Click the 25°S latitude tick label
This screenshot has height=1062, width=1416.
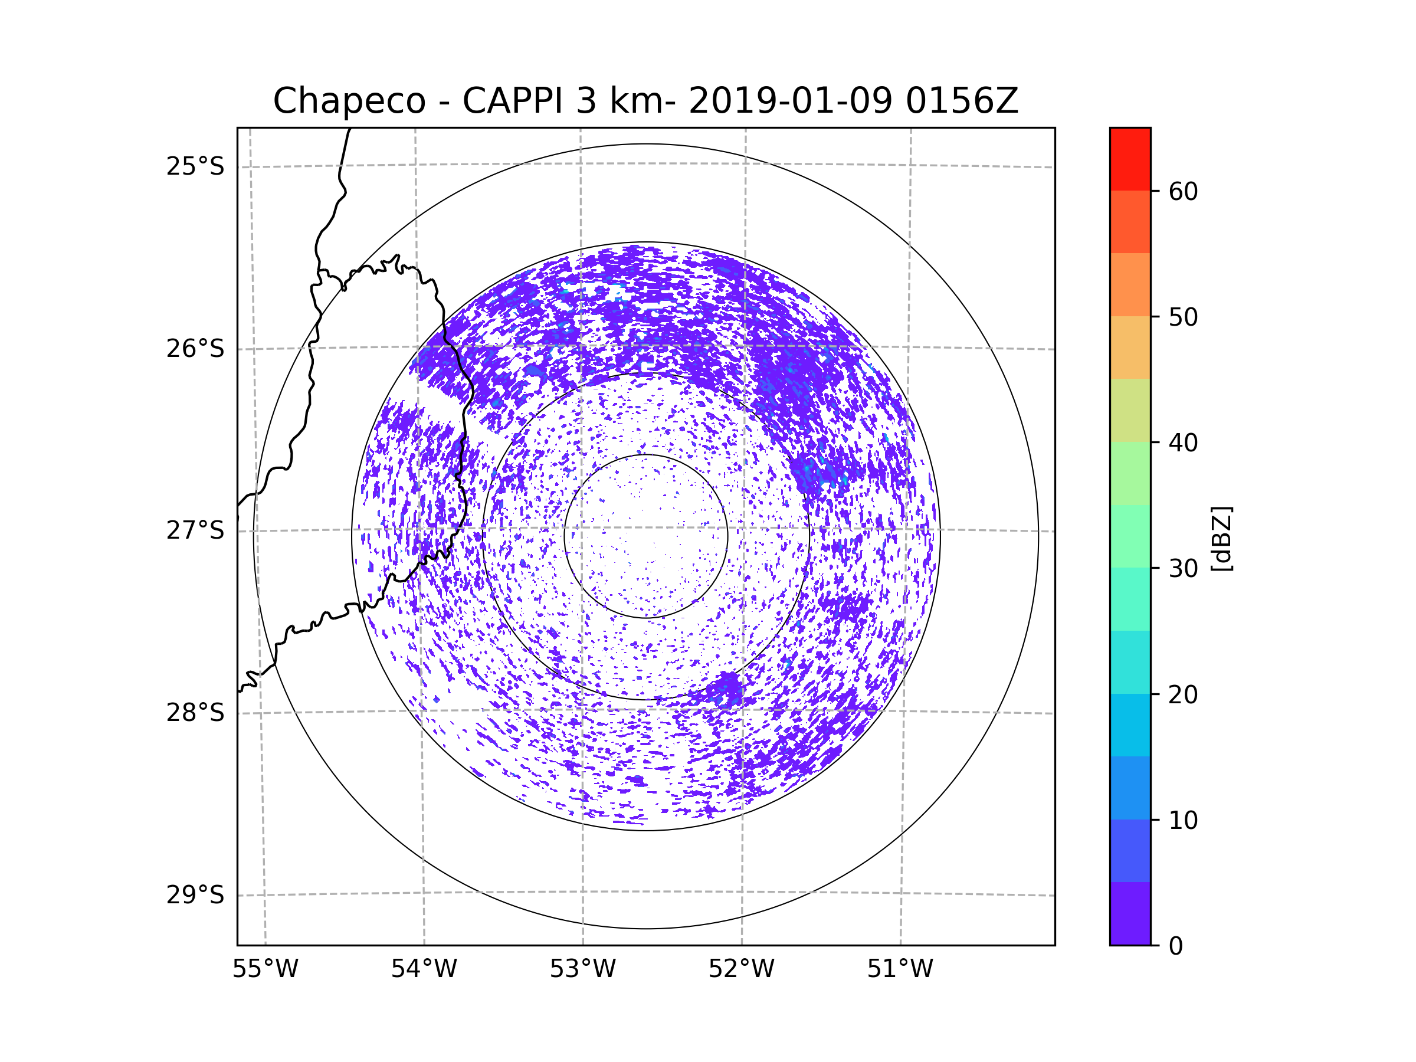pyautogui.click(x=195, y=166)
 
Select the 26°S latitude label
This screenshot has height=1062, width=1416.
pyautogui.click(x=195, y=349)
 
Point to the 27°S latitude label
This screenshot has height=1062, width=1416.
pyautogui.click(x=195, y=530)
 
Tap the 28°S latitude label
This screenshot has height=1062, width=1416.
pyautogui.click(x=195, y=713)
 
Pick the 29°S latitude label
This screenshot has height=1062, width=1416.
pyautogui.click(x=195, y=895)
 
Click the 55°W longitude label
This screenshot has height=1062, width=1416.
pyautogui.click(x=265, y=969)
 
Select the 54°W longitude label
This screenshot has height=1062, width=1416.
pyautogui.click(x=424, y=969)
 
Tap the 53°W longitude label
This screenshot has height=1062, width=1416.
pyautogui.click(x=582, y=969)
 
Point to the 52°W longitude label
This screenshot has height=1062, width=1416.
pyautogui.click(x=741, y=969)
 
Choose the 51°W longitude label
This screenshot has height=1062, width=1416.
pyautogui.click(x=900, y=969)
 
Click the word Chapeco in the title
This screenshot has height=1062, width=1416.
pyautogui.click(x=349, y=101)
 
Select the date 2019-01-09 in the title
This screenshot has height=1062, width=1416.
pyautogui.click(x=790, y=101)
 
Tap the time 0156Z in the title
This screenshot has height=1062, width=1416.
pyautogui.click(x=962, y=101)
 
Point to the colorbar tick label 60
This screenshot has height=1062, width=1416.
pyautogui.click(x=1183, y=191)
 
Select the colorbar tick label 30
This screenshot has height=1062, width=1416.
pyautogui.click(x=1183, y=568)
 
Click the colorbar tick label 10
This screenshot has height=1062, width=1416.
pyautogui.click(x=1183, y=820)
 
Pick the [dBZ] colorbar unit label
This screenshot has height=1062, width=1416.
pyautogui.click(x=1221, y=538)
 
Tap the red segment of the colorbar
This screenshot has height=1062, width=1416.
pyautogui.click(x=1130, y=159)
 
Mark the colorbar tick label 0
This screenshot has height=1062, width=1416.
pyautogui.click(x=1176, y=946)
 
